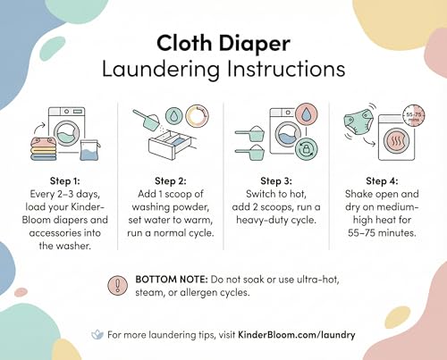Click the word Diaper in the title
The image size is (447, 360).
coord(255,45)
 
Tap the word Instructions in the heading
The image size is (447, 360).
coord(286,69)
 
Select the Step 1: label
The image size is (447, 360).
coord(65,180)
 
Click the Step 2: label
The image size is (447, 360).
coord(171,180)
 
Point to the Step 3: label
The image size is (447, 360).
coord(276,180)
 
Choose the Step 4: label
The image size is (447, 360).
coord(382,180)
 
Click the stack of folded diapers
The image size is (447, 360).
coord(44,148)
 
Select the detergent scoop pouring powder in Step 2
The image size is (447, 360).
coord(147,120)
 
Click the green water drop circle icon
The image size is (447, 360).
coord(173,115)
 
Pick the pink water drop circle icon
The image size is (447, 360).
coord(307,114)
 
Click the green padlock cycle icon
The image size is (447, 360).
coord(306,148)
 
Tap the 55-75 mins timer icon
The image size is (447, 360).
coord(414,115)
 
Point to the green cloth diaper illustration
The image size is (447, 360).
coord(358,122)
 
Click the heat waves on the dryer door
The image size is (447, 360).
coord(396,141)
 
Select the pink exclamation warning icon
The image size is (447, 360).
coord(118,285)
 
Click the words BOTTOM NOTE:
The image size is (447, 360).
coord(172,280)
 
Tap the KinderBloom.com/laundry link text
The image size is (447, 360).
coord(297,335)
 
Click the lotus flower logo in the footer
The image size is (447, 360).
coord(97,334)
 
